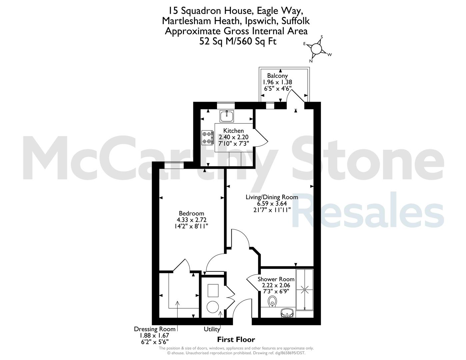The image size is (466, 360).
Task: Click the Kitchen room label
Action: (234, 131)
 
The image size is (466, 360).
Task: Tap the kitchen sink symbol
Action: (227, 116)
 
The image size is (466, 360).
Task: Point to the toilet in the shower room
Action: (272, 301)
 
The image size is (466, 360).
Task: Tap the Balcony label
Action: (277, 76)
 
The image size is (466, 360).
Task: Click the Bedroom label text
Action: (192, 213)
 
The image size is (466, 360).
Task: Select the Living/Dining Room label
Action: (272, 197)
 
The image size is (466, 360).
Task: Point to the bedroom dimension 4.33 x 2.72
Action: (192, 220)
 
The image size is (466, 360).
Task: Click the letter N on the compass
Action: (311, 61)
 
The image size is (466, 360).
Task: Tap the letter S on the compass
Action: (321, 37)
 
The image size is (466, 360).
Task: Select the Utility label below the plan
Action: (212, 329)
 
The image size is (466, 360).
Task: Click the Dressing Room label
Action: (155, 329)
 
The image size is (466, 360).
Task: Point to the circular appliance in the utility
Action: (213, 307)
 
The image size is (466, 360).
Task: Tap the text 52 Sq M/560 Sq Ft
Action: (238, 41)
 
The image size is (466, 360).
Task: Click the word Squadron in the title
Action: (201, 11)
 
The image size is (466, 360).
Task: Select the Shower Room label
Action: (276, 279)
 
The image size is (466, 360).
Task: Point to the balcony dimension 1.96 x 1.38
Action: (277, 82)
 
